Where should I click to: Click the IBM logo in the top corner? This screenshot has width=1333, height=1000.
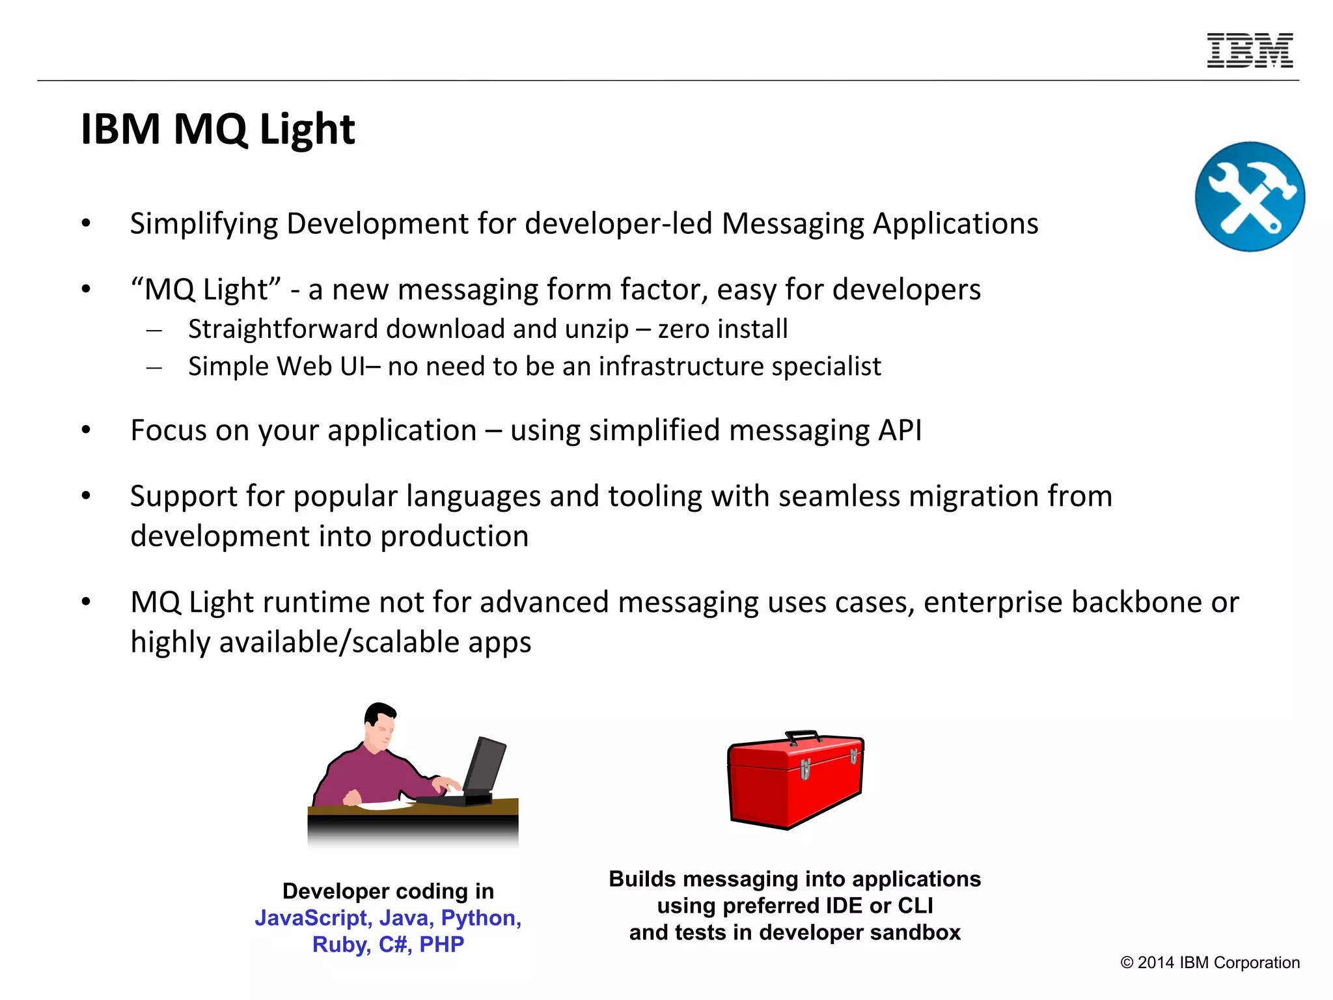click(1250, 51)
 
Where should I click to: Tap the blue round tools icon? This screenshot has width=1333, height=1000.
click(1250, 197)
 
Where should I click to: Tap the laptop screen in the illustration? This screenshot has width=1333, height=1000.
click(484, 764)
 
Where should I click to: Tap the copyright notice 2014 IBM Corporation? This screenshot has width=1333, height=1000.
click(1210, 963)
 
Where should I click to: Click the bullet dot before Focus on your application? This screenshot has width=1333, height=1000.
click(86, 430)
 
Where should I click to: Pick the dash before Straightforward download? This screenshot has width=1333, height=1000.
click(154, 331)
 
